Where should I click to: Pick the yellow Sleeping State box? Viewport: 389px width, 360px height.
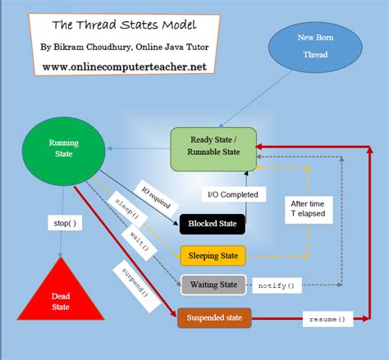tap(213, 255)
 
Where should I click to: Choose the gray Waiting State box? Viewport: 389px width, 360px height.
tap(213, 285)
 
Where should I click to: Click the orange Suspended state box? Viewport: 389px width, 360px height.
tap(213, 317)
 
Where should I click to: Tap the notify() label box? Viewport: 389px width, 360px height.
tap(275, 285)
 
